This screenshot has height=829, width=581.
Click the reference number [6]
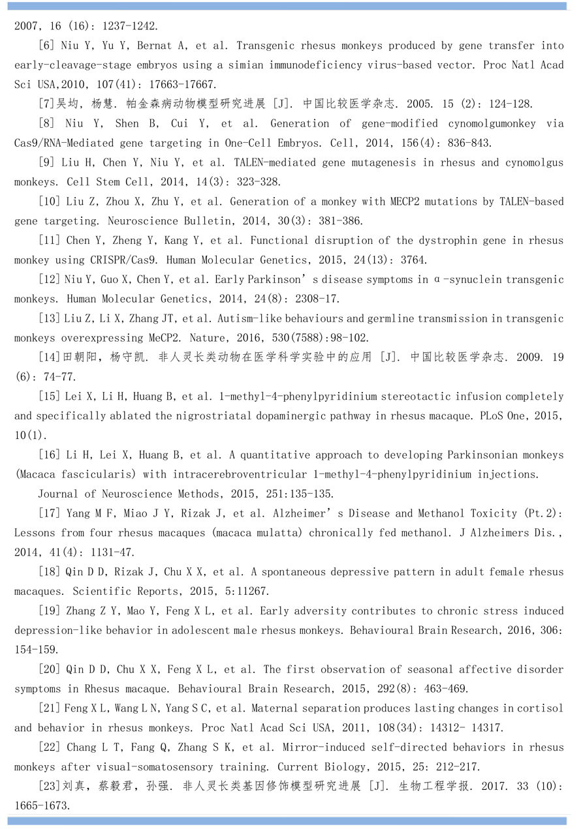pyautogui.click(x=49, y=46)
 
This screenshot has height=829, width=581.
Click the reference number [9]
pyautogui.click(x=49, y=162)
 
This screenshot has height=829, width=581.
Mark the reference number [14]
pyautogui.click(x=50, y=357)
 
